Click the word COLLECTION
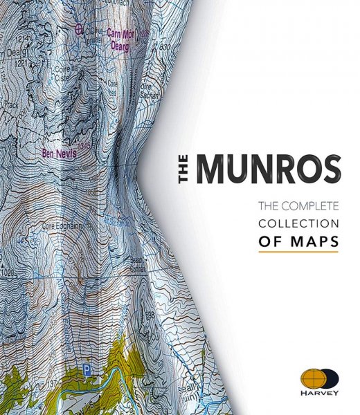pyautogui.click(x=298, y=224)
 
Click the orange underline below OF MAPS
pyautogui.click(x=298, y=253)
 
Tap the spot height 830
pyautogui.click(x=164, y=46)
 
